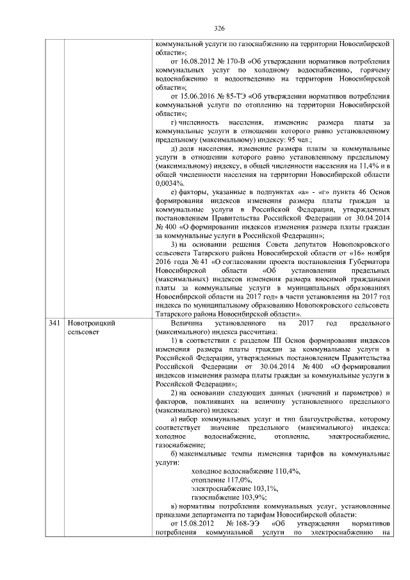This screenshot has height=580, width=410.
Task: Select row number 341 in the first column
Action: tap(55, 324)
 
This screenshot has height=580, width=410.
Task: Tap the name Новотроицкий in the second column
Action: tap(91, 324)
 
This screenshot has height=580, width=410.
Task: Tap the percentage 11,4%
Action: tap(370, 165)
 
